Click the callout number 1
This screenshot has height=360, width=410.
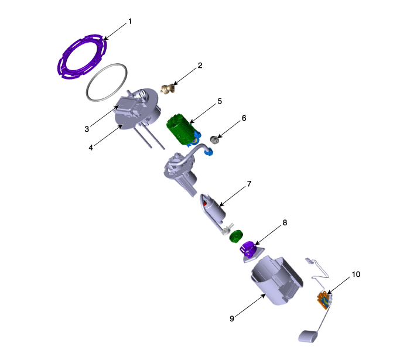[130, 22]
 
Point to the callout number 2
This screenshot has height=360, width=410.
[200, 66]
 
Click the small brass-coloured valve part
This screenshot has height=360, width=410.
[168, 89]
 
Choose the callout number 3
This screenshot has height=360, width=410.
[87, 129]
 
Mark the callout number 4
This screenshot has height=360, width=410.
[91, 148]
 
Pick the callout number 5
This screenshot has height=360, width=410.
[220, 101]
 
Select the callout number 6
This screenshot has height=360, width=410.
[244, 118]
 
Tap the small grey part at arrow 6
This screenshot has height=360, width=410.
[215, 139]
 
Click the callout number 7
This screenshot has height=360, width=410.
[249, 184]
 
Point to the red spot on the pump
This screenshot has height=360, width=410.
[205, 203]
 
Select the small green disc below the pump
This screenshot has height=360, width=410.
[236, 236]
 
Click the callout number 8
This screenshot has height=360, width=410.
[285, 222]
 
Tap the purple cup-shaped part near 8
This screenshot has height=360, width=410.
[247, 249]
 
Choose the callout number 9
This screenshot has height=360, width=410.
[232, 318]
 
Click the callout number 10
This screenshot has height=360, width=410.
[356, 275]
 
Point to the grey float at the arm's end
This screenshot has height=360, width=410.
[308, 336]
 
